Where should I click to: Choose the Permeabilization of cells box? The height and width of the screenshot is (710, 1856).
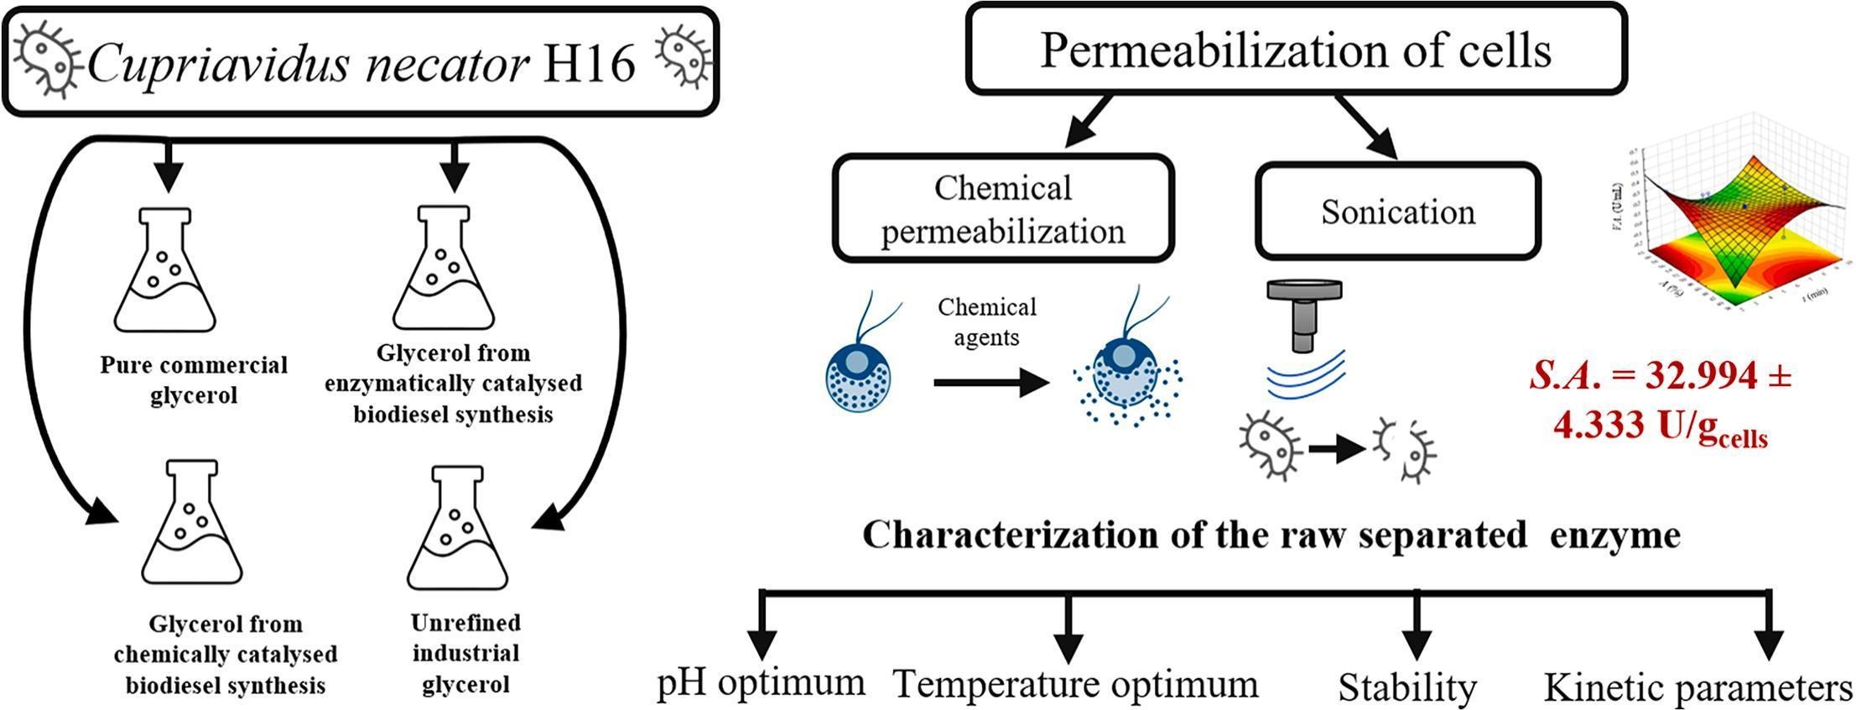point(1296,50)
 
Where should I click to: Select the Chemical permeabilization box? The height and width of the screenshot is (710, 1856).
point(1003,208)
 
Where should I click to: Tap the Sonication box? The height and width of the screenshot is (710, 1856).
point(1397,211)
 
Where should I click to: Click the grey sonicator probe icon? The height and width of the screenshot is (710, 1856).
point(1303,315)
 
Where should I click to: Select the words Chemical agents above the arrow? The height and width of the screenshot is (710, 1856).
point(986,321)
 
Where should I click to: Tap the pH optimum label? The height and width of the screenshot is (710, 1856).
point(761,682)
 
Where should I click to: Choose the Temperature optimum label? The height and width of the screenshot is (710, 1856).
point(1075,684)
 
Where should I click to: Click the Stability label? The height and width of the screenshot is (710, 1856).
point(1406,687)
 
